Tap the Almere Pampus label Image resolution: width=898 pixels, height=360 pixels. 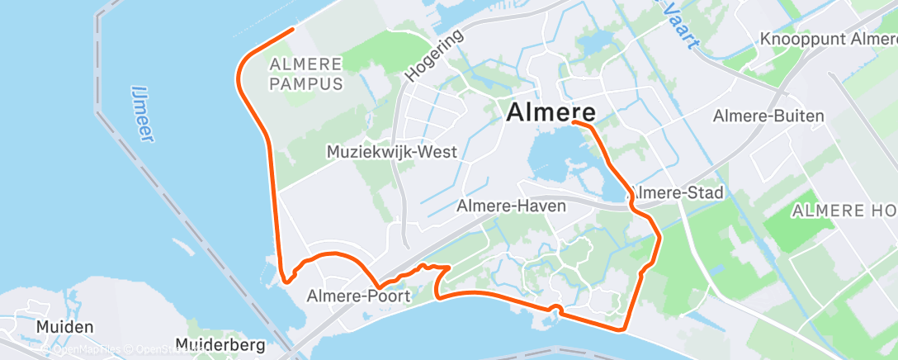point(306,73)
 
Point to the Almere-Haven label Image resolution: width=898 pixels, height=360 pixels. point(512,206)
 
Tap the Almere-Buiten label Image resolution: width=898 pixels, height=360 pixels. point(769,116)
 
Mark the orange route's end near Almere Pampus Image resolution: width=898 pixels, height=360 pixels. point(293,30)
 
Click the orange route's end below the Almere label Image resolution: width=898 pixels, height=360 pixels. point(573,123)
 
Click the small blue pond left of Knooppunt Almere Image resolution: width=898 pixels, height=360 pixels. point(593,42)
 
